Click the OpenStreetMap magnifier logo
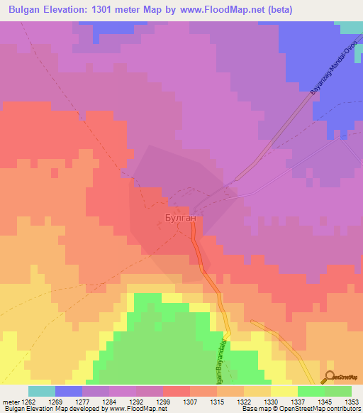330,377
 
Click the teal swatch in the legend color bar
42,391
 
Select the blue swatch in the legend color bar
69,391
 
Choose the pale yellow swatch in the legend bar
284,391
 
